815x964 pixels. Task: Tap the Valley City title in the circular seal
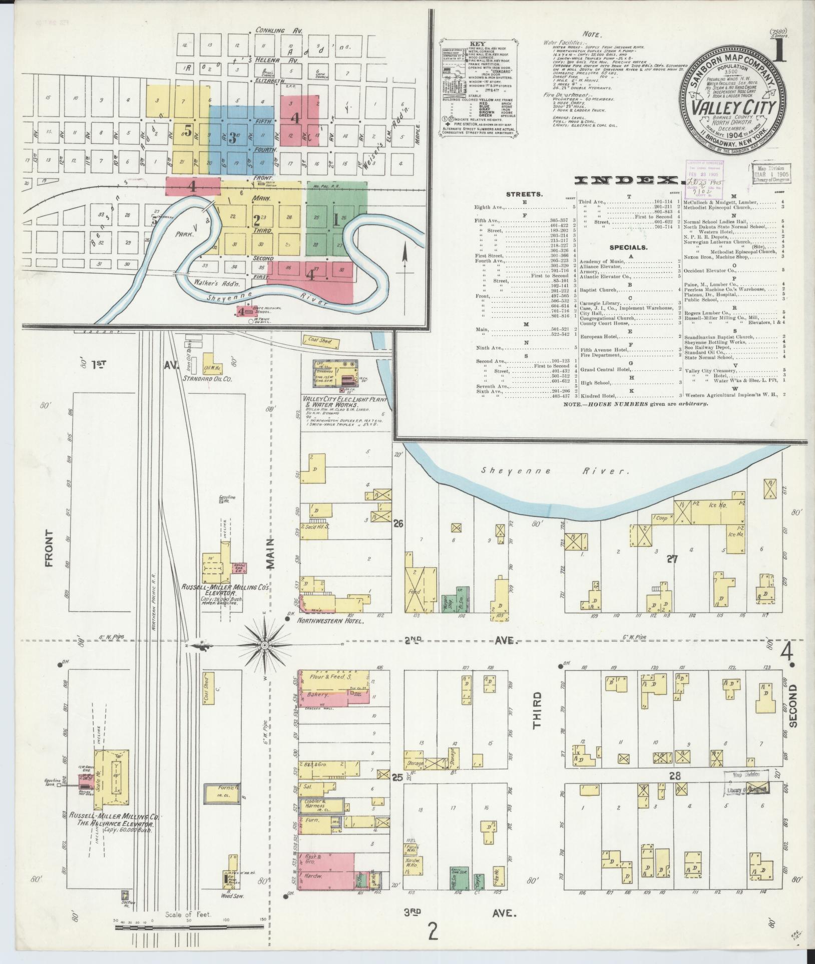[x=734, y=108]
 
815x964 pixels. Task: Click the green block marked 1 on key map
[x=337, y=220]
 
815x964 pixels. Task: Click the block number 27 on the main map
[x=671, y=559]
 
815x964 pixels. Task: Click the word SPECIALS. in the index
[x=628, y=247]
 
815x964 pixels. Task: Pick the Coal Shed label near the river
[x=320, y=341]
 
